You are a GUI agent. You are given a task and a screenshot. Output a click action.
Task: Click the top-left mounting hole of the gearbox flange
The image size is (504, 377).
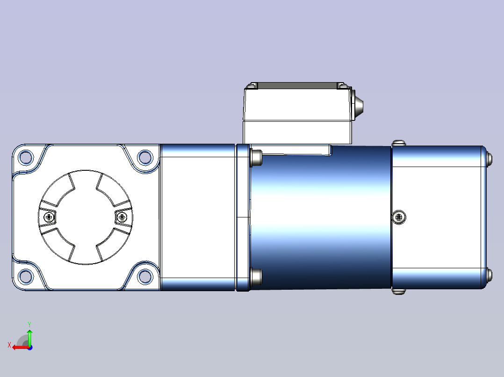pyautogui.click(x=26, y=157)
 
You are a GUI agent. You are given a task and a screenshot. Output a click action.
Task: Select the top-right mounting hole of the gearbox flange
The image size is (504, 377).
pyautogui.click(x=145, y=157)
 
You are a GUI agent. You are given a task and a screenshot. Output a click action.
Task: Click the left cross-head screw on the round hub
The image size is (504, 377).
pyautogui.click(x=49, y=217)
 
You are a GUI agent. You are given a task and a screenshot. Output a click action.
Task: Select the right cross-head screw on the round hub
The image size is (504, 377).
pyautogui.click(x=122, y=217)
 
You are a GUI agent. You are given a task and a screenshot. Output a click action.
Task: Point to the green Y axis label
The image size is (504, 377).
pyautogui.click(x=29, y=324)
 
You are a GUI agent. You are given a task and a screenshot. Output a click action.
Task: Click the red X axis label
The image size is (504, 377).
pyautogui.click(x=9, y=345)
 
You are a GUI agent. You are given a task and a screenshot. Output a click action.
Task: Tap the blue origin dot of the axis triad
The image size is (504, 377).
pyautogui.click(x=30, y=348)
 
